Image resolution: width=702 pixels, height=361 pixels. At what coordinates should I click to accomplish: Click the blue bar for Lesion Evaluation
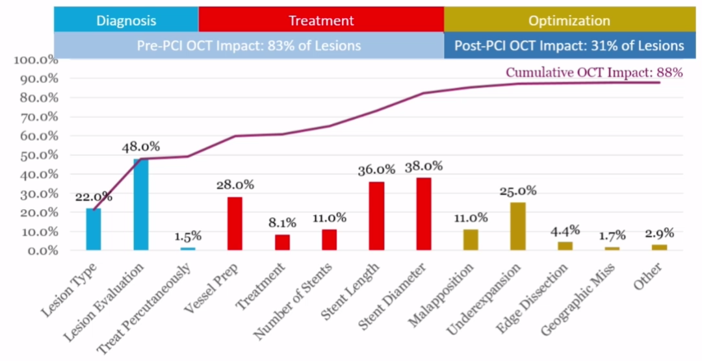pos(141,205)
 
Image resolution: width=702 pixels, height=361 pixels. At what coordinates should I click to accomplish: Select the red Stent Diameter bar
pos(424,214)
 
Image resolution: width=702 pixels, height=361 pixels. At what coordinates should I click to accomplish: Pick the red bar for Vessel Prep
pos(235,223)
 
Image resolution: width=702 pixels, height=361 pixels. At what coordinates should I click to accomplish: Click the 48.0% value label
pos(141,147)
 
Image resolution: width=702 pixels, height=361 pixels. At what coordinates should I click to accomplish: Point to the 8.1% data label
pos(282,223)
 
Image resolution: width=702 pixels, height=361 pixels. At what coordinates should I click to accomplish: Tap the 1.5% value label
pos(188,236)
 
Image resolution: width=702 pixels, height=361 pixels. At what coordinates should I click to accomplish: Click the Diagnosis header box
pos(126,20)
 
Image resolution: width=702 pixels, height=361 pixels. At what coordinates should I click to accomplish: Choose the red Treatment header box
pos(321,20)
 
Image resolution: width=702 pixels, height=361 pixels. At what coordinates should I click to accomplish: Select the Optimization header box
pos(569,20)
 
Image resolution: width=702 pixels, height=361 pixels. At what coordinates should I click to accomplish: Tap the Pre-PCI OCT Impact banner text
pos(249,45)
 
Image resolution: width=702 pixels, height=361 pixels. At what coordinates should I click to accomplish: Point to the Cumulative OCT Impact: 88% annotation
pos(594,73)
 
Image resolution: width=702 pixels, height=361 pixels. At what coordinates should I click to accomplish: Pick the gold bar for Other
pos(659,247)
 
